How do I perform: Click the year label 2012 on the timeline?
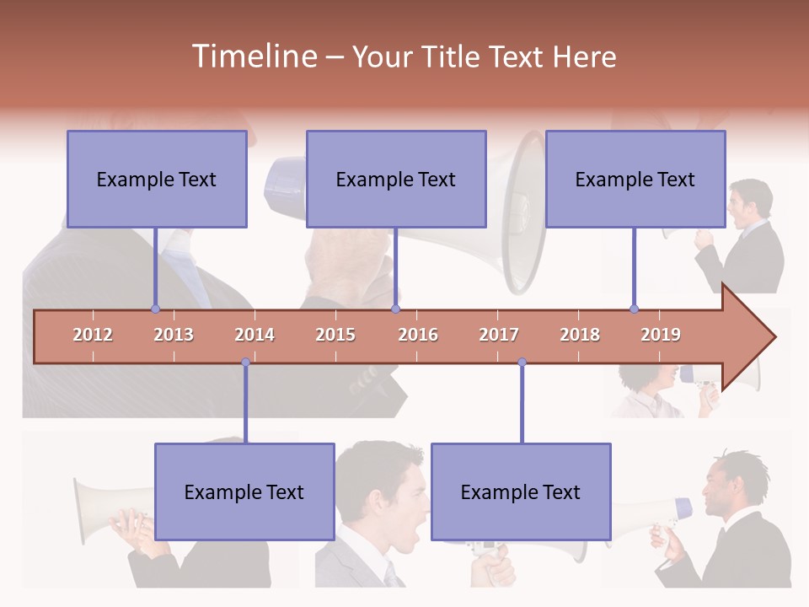click(x=93, y=335)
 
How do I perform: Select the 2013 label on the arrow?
click(x=174, y=335)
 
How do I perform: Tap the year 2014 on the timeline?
click(x=254, y=335)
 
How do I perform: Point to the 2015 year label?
click(x=335, y=335)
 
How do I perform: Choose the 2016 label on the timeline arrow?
click(x=418, y=335)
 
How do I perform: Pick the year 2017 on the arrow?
click(x=499, y=335)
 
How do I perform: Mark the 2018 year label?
click(x=580, y=335)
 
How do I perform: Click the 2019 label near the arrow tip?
click(x=661, y=335)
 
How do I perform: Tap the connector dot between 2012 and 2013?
click(x=155, y=309)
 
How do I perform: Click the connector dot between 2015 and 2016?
click(x=395, y=309)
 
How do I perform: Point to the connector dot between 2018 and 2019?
click(x=634, y=309)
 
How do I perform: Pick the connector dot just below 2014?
click(x=245, y=363)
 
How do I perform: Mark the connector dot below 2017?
click(x=522, y=363)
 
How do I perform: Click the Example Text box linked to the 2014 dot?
click(x=244, y=492)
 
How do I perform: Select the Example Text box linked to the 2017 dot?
click(x=521, y=492)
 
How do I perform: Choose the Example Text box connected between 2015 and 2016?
click(x=396, y=179)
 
